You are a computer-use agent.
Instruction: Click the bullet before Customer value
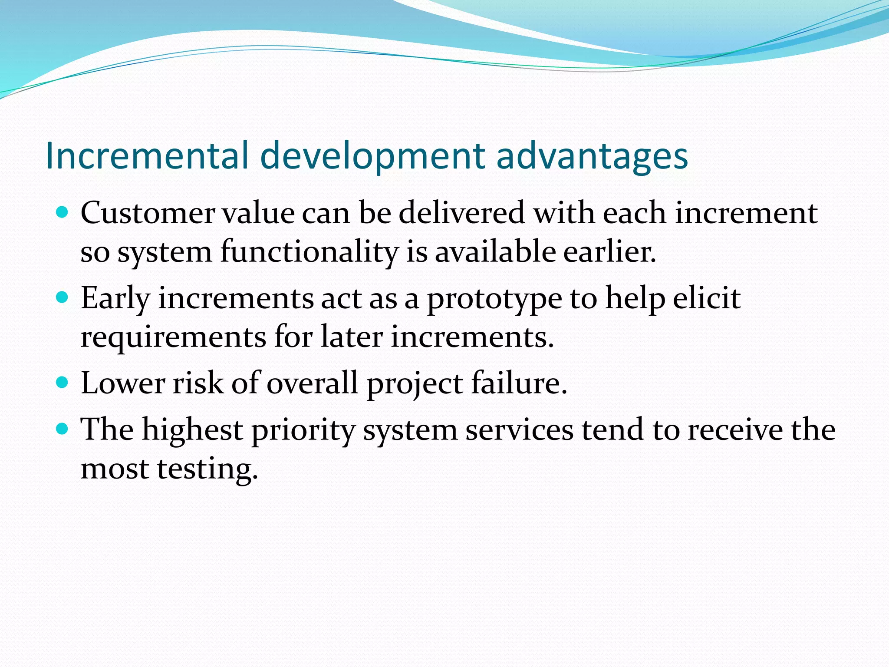pyautogui.click(x=63, y=212)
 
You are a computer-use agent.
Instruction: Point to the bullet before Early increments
pyautogui.click(x=63, y=297)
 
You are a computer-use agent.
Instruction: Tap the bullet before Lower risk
pyautogui.click(x=63, y=383)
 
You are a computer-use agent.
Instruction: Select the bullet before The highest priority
pyautogui.click(x=63, y=429)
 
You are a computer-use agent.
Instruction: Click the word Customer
pyautogui.click(x=148, y=213)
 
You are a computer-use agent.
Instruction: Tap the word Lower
pyautogui.click(x=123, y=383)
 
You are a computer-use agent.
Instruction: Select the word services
pyautogui.click(x=519, y=430)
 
